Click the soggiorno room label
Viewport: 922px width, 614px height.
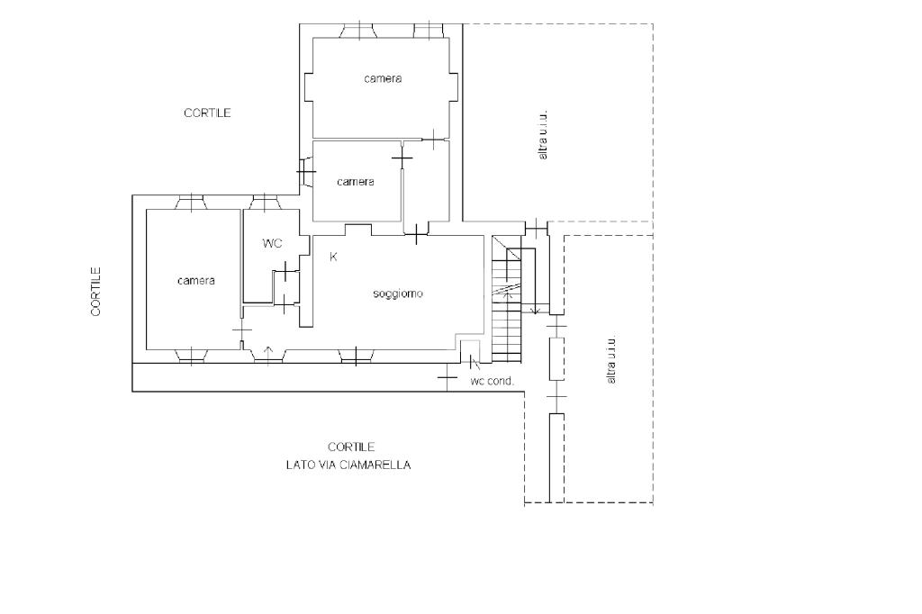tap(398, 293)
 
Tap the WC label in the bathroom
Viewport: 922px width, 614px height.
tap(272, 243)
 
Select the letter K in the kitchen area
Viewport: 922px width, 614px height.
tap(333, 257)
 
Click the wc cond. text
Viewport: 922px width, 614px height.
tap(493, 381)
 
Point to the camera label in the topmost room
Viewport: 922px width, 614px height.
tap(383, 78)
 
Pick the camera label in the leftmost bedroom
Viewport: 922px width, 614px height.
tap(195, 281)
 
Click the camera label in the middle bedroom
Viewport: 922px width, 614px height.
tap(355, 182)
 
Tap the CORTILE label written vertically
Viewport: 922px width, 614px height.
tap(95, 292)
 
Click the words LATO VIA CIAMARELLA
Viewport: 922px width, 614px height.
tap(348, 465)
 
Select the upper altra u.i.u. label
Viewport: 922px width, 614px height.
tap(542, 134)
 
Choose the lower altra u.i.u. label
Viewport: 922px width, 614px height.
tap(611, 360)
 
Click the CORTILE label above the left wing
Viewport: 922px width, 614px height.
tap(207, 113)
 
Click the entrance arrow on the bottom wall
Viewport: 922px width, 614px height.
tap(268, 352)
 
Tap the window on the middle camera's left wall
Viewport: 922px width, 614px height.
tap(306, 172)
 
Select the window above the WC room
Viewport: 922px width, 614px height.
tap(265, 203)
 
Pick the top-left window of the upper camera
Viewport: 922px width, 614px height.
tap(357, 31)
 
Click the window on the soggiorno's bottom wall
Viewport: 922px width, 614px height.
tap(357, 356)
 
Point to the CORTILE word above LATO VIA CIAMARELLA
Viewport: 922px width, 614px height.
tap(351, 447)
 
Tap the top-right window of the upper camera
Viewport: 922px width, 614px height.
tap(429, 31)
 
